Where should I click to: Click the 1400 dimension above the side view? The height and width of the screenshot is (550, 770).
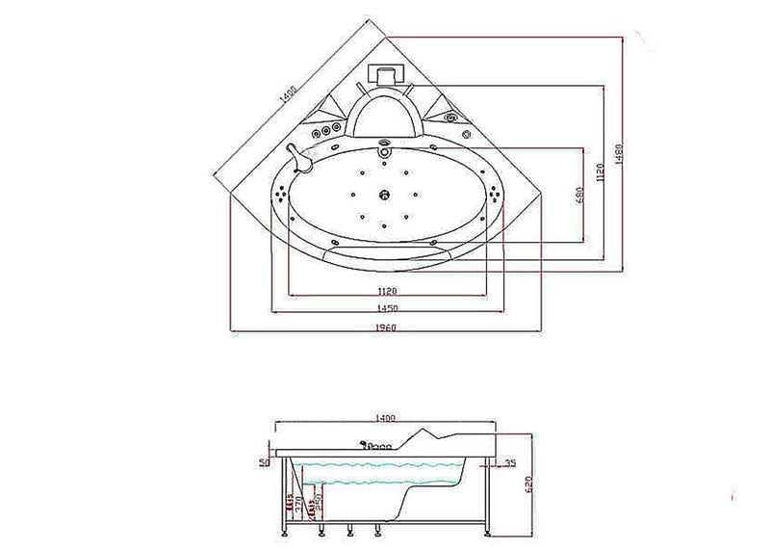pos(385,418)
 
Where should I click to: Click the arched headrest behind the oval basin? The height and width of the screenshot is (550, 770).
pos(387,112)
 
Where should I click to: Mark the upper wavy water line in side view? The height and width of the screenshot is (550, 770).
pos(385,466)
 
